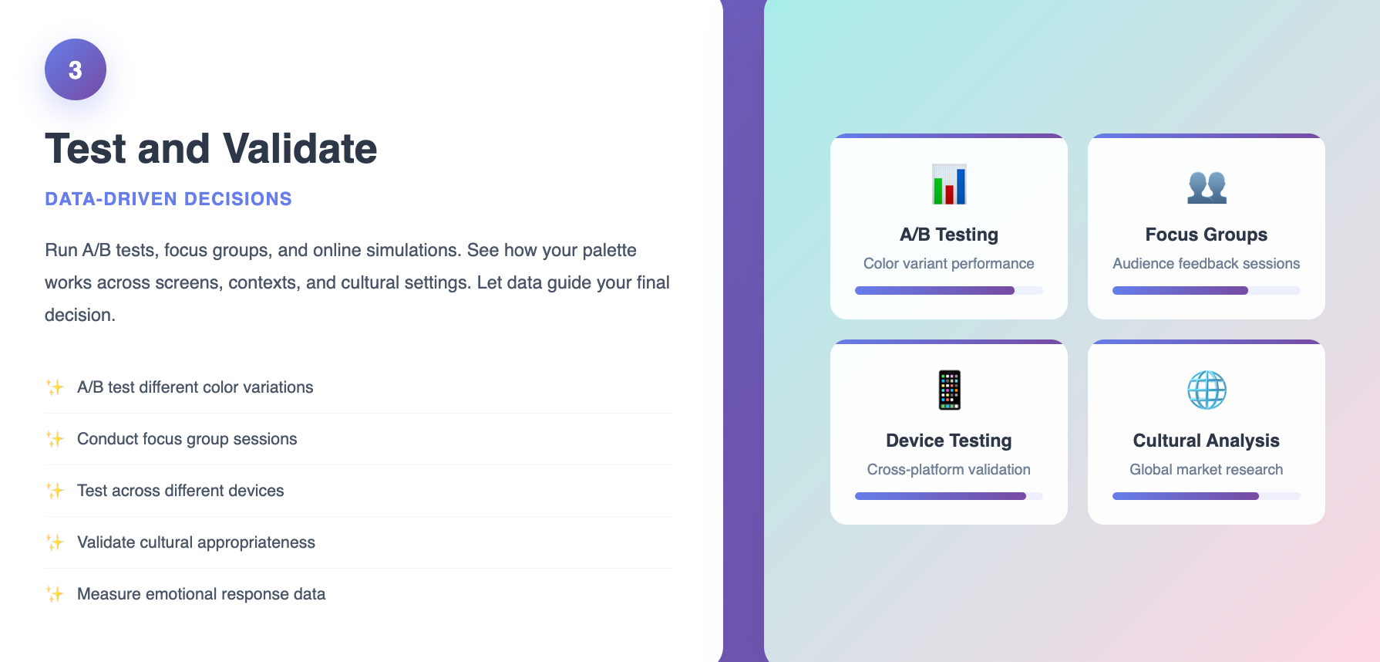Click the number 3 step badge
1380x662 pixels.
(76, 69)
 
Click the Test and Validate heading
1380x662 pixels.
(211, 148)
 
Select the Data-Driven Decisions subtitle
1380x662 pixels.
(168, 199)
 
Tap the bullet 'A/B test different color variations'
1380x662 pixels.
(195, 387)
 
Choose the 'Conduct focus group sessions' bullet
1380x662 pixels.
(187, 439)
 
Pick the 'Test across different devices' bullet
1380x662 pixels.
(180, 491)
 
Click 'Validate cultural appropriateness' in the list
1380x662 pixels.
(196, 542)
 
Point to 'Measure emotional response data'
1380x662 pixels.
(201, 594)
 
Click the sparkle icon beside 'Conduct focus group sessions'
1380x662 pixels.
(55, 439)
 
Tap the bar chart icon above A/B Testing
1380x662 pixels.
(949, 184)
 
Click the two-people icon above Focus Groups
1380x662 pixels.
(1207, 187)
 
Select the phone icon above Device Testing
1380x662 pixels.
(949, 390)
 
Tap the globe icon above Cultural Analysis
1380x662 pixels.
(1207, 390)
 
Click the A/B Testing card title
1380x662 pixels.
(949, 235)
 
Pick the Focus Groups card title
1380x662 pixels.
(1207, 235)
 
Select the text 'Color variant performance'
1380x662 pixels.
(949, 264)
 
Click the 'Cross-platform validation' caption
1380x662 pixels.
(949, 470)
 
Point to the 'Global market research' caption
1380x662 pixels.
(1207, 470)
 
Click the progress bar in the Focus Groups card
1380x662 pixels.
(1207, 291)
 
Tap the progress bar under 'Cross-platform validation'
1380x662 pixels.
(949, 496)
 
